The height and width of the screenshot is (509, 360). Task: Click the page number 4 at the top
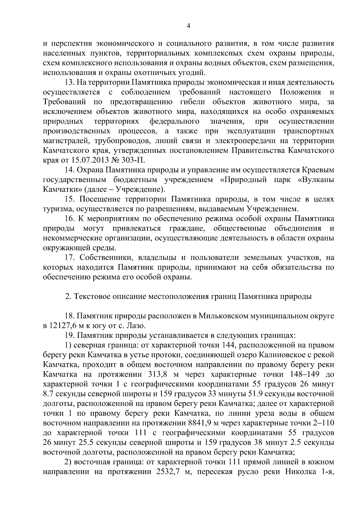pyautogui.click(x=188, y=26)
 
